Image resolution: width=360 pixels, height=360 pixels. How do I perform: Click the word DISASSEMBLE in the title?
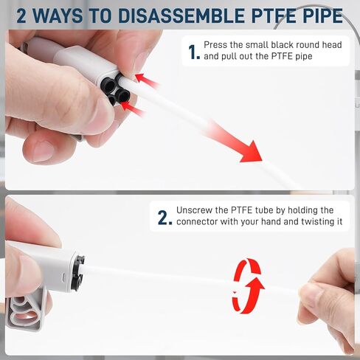[x=181, y=16]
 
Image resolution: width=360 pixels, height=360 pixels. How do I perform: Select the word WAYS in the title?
[x=58, y=16]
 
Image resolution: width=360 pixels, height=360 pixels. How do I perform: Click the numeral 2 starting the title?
[x=21, y=16]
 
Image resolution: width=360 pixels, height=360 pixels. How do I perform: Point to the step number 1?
[x=193, y=52]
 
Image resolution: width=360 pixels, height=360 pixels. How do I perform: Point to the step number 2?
[x=165, y=218]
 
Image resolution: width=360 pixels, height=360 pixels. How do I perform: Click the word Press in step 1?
[x=215, y=45]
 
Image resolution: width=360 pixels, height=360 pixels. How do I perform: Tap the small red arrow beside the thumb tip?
[x=147, y=80]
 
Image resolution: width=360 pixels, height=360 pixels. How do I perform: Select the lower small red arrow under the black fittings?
[x=133, y=108]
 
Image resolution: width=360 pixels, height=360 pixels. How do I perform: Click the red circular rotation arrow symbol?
[x=248, y=285]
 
